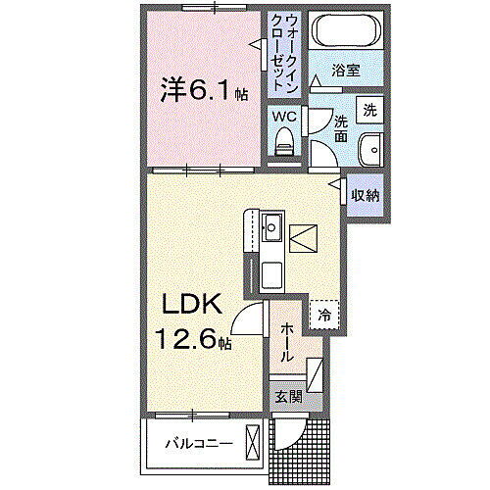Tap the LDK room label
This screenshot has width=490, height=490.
click(192, 305)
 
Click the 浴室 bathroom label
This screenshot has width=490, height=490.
click(345, 71)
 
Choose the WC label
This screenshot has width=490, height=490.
click(284, 116)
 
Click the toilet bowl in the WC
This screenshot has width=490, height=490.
click(285, 141)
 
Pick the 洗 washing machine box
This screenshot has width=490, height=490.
click(369, 111)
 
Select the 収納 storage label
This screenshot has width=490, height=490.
click(366, 195)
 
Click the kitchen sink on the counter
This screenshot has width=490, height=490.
click(272, 230)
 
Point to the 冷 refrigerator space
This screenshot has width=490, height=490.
click(323, 314)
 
